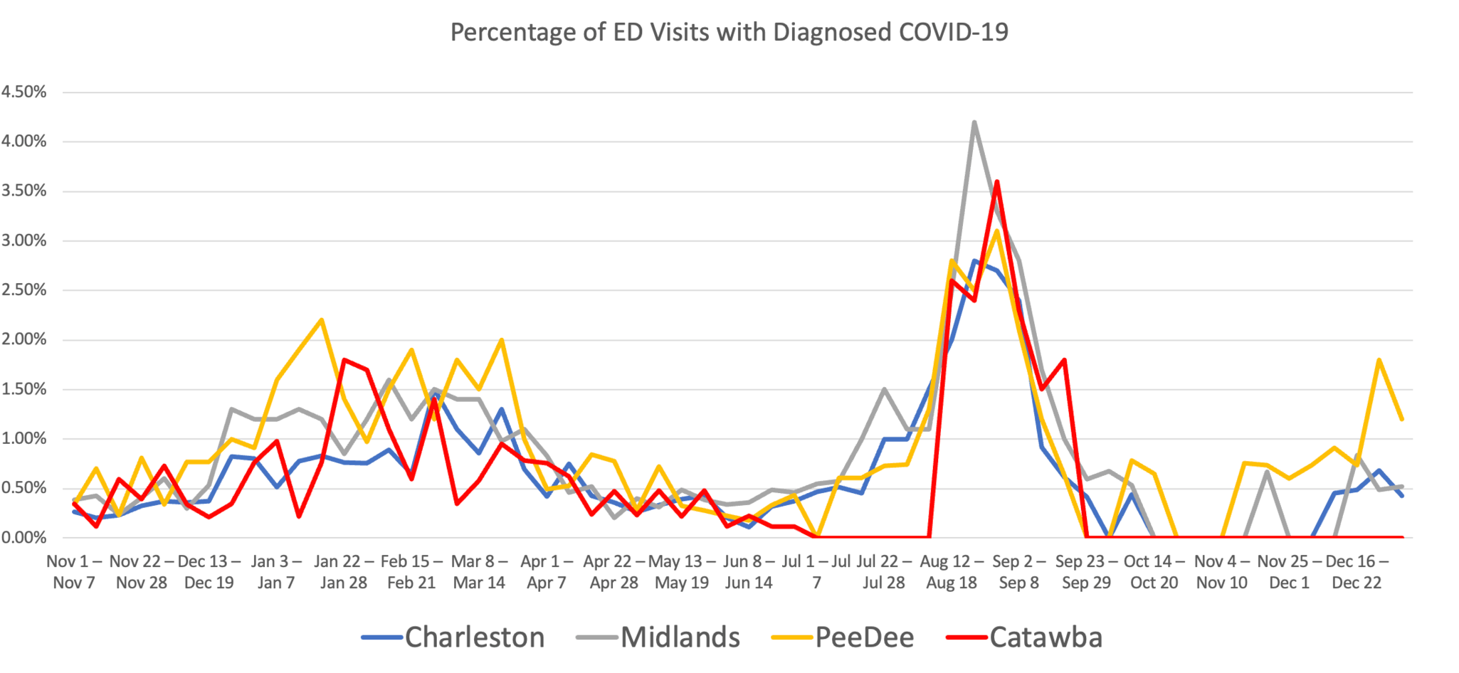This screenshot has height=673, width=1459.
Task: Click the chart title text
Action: (x=729, y=32)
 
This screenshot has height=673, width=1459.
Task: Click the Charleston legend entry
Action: (x=474, y=637)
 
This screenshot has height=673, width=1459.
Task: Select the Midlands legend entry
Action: (x=680, y=637)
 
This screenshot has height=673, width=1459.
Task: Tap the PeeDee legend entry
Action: (x=864, y=637)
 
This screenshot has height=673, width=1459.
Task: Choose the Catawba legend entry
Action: (x=1045, y=637)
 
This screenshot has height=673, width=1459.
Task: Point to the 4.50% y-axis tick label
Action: (x=24, y=92)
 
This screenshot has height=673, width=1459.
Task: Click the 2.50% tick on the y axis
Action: (x=24, y=290)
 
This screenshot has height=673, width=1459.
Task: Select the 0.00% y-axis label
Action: (x=24, y=538)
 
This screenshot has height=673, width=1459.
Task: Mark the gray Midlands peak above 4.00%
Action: (x=974, y=122)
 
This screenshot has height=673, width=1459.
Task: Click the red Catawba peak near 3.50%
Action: (x=996, y=181)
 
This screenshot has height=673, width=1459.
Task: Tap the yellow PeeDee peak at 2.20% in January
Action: (x=322, y=319)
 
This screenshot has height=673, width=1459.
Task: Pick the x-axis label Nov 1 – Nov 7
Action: (x=74, y=572)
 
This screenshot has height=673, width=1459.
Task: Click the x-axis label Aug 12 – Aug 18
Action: (x=952, y=572)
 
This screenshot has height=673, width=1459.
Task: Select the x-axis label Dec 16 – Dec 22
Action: (x=1357, y=572)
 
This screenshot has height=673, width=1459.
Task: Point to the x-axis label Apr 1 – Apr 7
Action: (x=547, y=572)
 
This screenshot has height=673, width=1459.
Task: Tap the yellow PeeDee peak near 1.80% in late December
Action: (x=1379, y=360)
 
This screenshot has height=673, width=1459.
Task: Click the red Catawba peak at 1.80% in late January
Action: (x=344, y=360)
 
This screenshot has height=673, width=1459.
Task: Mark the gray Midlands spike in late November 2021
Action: (x=1267, y=472)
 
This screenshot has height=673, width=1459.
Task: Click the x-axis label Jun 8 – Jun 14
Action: (x=749, y=572)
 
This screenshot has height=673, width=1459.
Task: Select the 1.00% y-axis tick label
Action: (x=24, y=439)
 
